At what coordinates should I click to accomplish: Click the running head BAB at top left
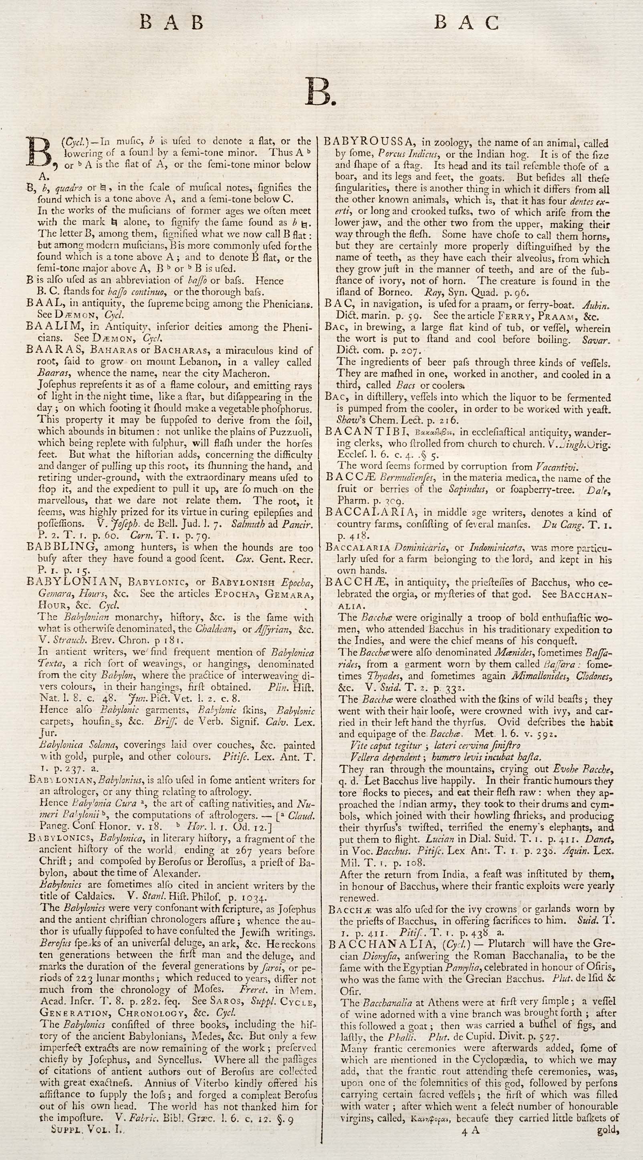point(171,22)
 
